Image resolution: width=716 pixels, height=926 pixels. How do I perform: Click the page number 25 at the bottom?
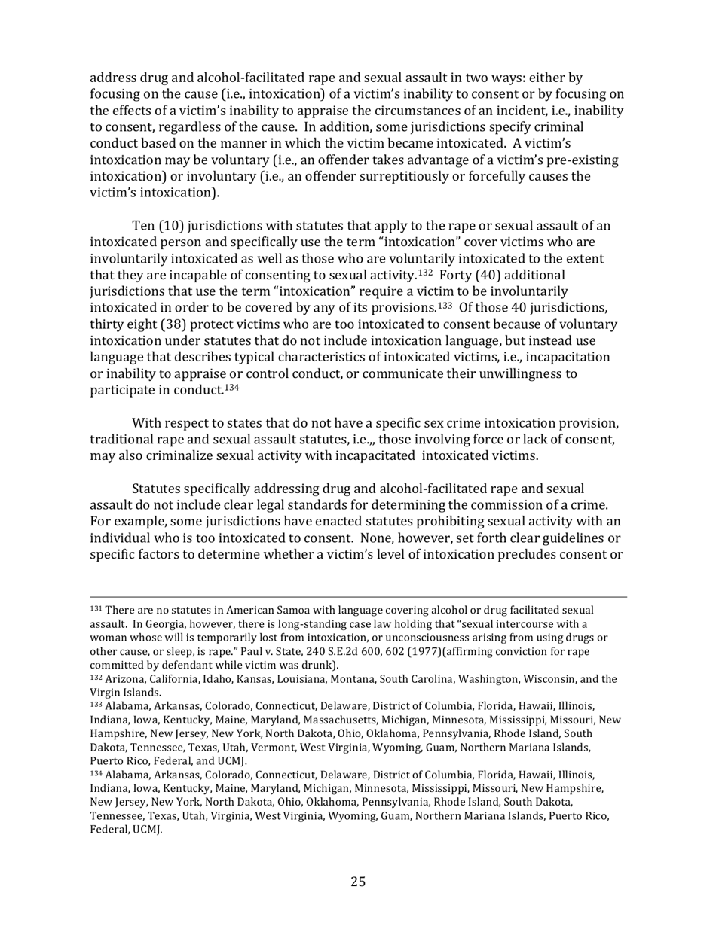tap(358, 882)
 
